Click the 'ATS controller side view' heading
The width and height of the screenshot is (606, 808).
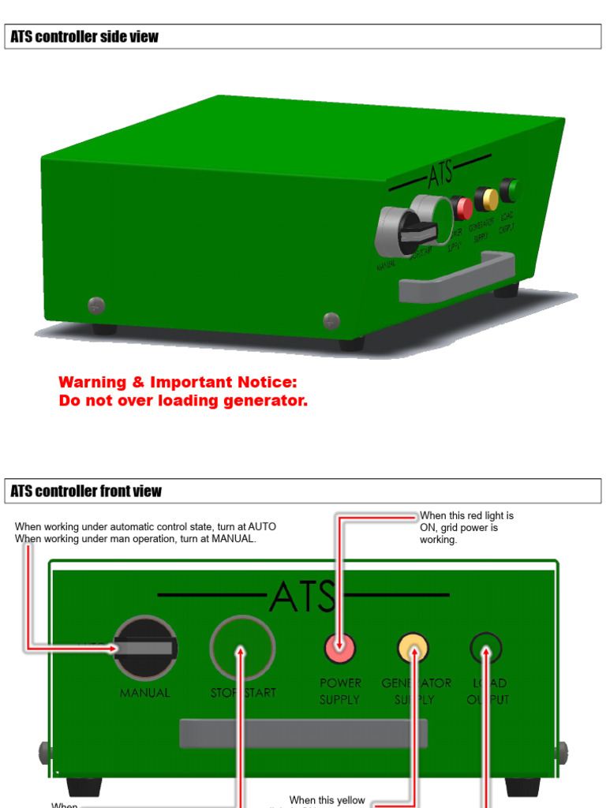(x=84, y=37)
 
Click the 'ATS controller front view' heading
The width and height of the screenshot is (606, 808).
(x=86, y=492)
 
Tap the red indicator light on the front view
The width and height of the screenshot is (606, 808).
(x=340, y=649)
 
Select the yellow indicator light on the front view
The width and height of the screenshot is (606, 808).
(x=413, y=649)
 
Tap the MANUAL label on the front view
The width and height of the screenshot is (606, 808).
(x=144, y=693)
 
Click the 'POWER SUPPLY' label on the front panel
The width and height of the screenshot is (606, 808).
(x=340, y=691)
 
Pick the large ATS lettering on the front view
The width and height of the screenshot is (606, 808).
(x=303, y=597)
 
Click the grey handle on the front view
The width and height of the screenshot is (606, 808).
(x=303, y=733)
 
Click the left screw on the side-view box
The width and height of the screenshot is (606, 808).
(x=96, y=305)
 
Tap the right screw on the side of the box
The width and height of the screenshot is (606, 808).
(x=331, y=320)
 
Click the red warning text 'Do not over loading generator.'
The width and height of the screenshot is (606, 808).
(x=183, y=401)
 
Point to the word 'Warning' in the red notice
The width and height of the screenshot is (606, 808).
(x=92, y=383)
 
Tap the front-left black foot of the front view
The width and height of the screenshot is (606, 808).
(x=84, y=787)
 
